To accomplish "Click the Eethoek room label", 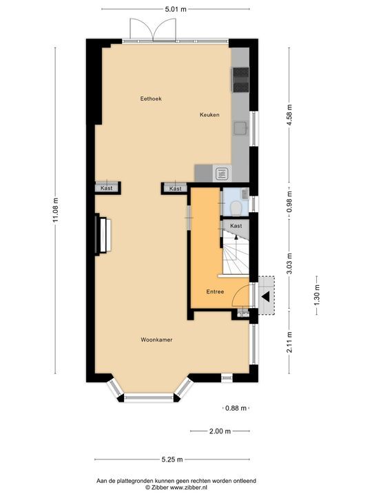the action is (x=151, y=99).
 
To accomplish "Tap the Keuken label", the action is (x=209, y=115).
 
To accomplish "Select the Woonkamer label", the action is (x=156, y=340).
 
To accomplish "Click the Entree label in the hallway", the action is (x=215, y=291).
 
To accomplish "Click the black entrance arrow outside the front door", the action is (x=265, y=296).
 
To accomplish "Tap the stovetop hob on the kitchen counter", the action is (x=240, y=80).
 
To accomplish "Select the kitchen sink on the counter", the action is (x=241, y=129).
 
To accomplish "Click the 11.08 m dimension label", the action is (x=56, y=210).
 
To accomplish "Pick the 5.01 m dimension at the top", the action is (x=176, y=9).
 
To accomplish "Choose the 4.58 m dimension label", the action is (x=289, y=115).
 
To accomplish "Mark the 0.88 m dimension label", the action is (x=236, y=408).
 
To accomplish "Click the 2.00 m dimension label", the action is (x=220, y=431).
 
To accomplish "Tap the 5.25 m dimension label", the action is (x=172, y=459).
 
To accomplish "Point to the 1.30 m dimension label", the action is (x=317, y=295).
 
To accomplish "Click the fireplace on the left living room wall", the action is (x=103, y=235).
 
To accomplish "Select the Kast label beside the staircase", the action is (x=236, y=226).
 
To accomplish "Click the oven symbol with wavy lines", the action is (x=222, y=174).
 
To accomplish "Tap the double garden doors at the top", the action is (x=153, y=30).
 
